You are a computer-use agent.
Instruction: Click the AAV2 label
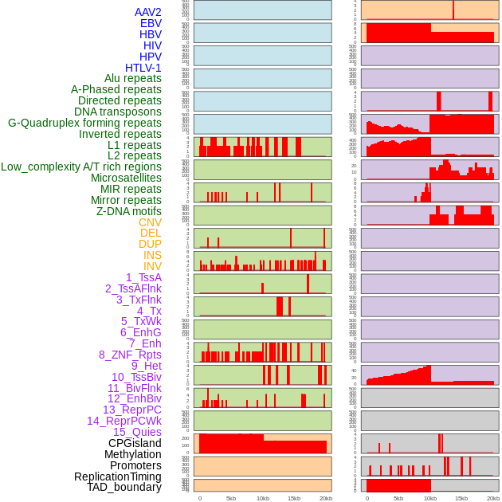[148, 12]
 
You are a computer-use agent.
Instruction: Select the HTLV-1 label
[143, 68]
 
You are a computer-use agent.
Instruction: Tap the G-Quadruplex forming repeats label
[84, 123]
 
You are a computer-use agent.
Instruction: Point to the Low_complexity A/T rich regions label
[81, 167]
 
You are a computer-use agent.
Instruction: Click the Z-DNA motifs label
[129, 211]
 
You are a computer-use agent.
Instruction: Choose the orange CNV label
[150, 222]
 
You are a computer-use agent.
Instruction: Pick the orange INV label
[152, 266]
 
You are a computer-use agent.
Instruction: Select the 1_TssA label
[143, 277]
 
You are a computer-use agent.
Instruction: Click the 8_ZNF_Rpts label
[130, 355]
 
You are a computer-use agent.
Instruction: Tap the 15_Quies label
[137, 432]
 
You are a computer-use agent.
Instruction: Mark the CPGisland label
[135, 443]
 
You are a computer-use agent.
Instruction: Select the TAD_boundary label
[124, 487]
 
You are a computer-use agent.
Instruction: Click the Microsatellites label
[126, 178]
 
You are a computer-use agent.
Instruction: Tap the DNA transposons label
[118, 112]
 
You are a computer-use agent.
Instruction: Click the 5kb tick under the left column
[231, 498]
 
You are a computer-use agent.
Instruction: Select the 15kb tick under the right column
[461, 498]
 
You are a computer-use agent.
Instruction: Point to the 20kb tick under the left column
[325, 498]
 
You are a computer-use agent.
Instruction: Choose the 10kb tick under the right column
[430, 498]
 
